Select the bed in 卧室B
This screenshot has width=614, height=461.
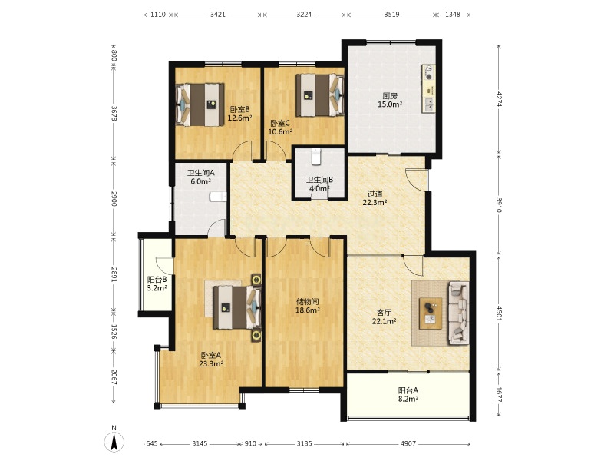click(x=200, y=104)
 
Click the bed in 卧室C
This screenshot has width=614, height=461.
click(x=319, y=95)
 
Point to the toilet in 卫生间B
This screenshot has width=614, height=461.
click(x=315, y=157)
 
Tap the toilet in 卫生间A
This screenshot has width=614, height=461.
click(x=218, y=197)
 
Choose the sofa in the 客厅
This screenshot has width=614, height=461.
click(x=458, y=313)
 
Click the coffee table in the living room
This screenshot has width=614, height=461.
click(x=431, y=313)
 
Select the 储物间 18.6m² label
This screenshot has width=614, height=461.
click(x=308, y=306)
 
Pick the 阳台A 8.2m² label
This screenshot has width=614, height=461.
click(x=408, y=394)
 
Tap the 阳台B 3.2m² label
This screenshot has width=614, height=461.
click(x=157, y=284)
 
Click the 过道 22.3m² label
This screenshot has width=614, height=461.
click(x=375, y=198)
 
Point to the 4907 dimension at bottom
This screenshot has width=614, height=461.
click(x=408, y=443)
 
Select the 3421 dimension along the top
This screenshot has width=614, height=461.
click(x=218, y=15)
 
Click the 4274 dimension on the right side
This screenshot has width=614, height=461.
click(x=498, y=99)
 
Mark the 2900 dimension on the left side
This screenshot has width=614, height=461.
click(x=114, y=199)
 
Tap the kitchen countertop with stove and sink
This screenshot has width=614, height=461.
click(x=428, y=88)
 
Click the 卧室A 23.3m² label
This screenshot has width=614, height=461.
click(x=211, y=360)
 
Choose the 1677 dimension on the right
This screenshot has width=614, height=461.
click(x=498, y=395)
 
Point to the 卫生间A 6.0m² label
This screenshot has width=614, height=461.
click(x=201, y=177)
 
